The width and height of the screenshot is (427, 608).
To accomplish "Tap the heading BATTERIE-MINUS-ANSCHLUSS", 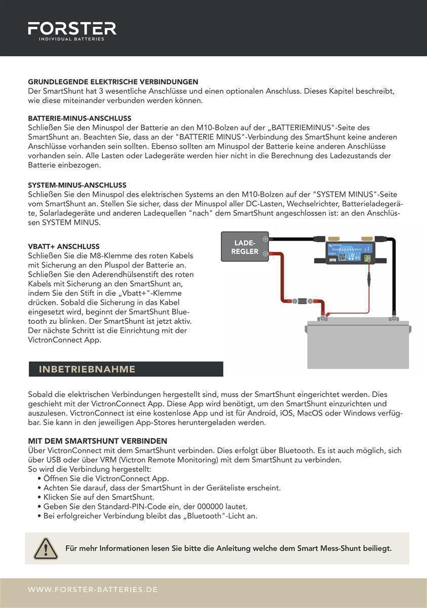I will click(x=80, y=118).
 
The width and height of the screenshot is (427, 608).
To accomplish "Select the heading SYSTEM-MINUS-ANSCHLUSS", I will click(x=77, y=185).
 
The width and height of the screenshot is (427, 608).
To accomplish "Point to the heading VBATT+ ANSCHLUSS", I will click(x=64, y=247).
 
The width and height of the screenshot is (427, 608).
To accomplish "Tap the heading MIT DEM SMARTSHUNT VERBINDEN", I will click(x=97, y=441).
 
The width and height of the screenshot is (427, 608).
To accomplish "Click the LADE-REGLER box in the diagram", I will click(x=245, y=247).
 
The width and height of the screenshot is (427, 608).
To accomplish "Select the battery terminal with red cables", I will click(x=321, y=319).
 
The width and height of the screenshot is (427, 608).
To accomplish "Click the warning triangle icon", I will click(x=46, y=549).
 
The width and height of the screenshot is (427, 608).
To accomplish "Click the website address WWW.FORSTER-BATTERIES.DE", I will click(x=93, y=590).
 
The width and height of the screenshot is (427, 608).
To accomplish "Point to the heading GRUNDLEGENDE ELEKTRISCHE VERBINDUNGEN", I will click(x=113, y=82).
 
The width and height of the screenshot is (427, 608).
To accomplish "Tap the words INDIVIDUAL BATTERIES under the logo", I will click(x=72, y=39).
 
